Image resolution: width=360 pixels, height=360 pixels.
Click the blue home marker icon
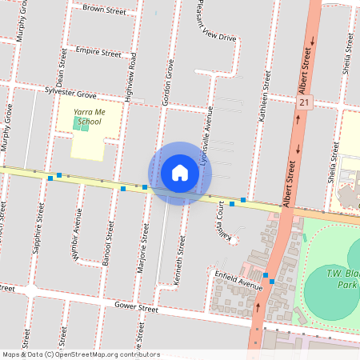180,173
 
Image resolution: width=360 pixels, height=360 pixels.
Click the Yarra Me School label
87,117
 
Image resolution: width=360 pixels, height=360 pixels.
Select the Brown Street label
104,11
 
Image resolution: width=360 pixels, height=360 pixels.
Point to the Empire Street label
98,52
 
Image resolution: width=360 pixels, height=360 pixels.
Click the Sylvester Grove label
70,92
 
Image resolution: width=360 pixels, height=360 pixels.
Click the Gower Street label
136,306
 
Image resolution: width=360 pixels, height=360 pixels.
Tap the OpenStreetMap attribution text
80,354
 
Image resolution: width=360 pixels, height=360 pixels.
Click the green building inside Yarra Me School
81,124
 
